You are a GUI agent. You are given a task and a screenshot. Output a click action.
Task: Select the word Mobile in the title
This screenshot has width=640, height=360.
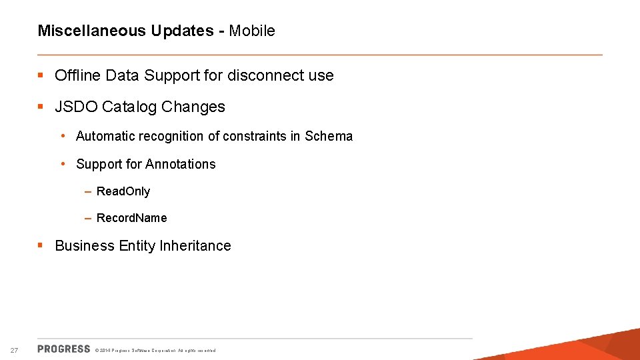(252, 31)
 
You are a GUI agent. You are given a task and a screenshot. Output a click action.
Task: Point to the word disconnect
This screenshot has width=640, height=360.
(265, 75)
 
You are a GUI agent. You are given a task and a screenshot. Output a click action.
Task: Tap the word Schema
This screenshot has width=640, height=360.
(329, 136)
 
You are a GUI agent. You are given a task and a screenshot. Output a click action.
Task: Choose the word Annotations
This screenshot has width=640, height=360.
(181, 164)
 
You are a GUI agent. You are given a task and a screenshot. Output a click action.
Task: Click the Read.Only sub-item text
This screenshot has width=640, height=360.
(123, 191)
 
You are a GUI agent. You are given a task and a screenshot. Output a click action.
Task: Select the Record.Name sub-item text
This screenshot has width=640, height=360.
(131, 218)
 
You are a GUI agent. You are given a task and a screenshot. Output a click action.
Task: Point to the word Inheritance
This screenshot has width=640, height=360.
(195, 245)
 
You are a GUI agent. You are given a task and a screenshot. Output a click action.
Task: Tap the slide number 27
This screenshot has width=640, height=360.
(15, 350)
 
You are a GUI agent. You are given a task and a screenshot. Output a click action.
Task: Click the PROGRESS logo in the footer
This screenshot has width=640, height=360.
(64, 349)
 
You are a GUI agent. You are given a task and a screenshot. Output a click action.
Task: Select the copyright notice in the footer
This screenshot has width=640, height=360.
(155, 350)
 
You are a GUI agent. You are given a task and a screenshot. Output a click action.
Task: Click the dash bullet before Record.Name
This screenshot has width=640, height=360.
(88, 218)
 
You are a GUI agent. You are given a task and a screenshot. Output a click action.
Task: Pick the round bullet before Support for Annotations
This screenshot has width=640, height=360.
(62, 164)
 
